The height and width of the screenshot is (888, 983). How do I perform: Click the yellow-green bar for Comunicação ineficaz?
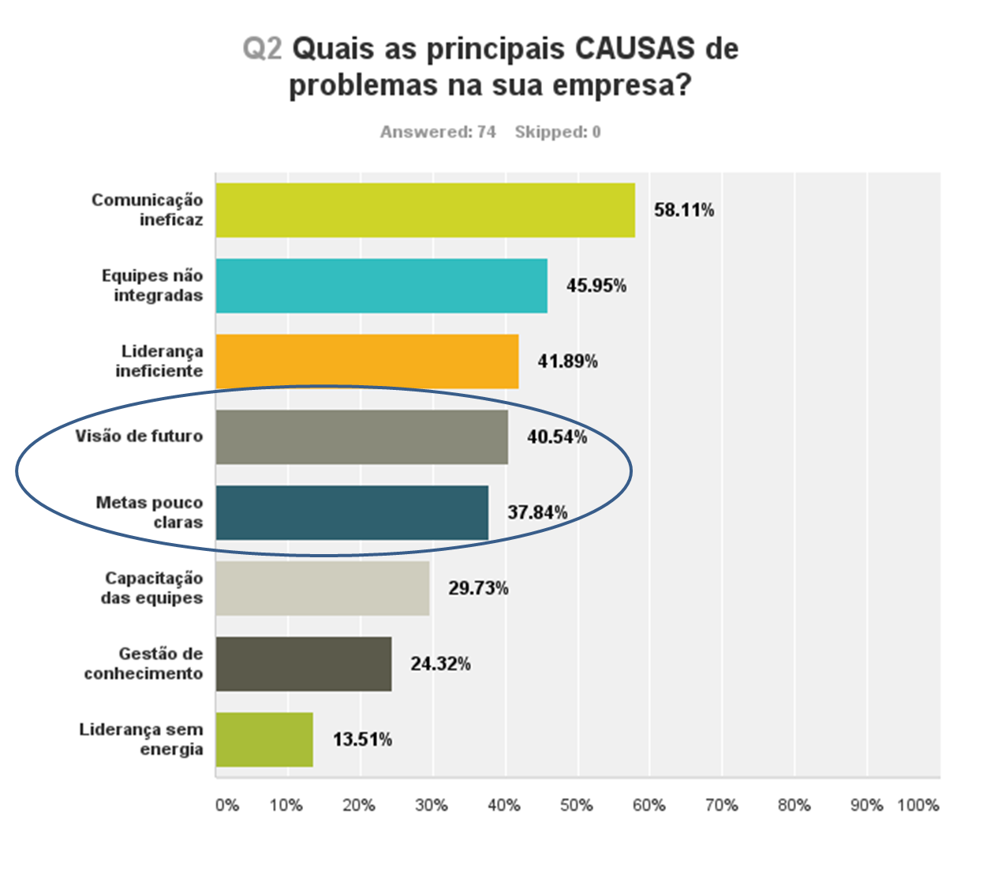(x=425, y=210)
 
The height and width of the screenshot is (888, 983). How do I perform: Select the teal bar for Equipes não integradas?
(x=381, y=286)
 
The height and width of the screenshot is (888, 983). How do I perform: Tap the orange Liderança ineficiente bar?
(x=367, y=362)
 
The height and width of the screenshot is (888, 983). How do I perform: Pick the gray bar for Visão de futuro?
(x=361, y=437)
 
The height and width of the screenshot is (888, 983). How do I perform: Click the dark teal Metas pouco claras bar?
(x=352, y=513)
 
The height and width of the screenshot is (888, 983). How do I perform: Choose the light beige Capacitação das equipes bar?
(x=323, y=588)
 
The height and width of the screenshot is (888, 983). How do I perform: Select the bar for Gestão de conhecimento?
(x=304, y=664)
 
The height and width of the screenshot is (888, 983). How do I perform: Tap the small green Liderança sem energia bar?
(x=264, y=740)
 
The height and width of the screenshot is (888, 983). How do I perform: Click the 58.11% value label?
(x=684, y=210)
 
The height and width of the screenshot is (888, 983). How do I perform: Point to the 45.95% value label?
(x=596, y=286)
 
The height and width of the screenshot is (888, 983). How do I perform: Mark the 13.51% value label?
(x=362, y=740)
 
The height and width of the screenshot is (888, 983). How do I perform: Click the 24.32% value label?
(x=440, y=664)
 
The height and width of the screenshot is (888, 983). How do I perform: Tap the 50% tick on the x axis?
(x=577, y=805)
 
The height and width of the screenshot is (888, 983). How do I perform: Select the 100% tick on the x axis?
(x=918, y=805)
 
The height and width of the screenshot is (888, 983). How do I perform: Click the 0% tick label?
(x=227, y=805)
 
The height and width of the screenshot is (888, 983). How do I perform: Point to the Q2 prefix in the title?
(x=262, y=49)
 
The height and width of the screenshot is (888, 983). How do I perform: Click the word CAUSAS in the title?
(x=635, y=49)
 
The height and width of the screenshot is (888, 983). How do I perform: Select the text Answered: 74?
(x=438, y=132)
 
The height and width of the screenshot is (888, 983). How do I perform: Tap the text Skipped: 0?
(x=558, y=132)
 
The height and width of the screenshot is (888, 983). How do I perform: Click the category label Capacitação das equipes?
(x=152, y=588)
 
